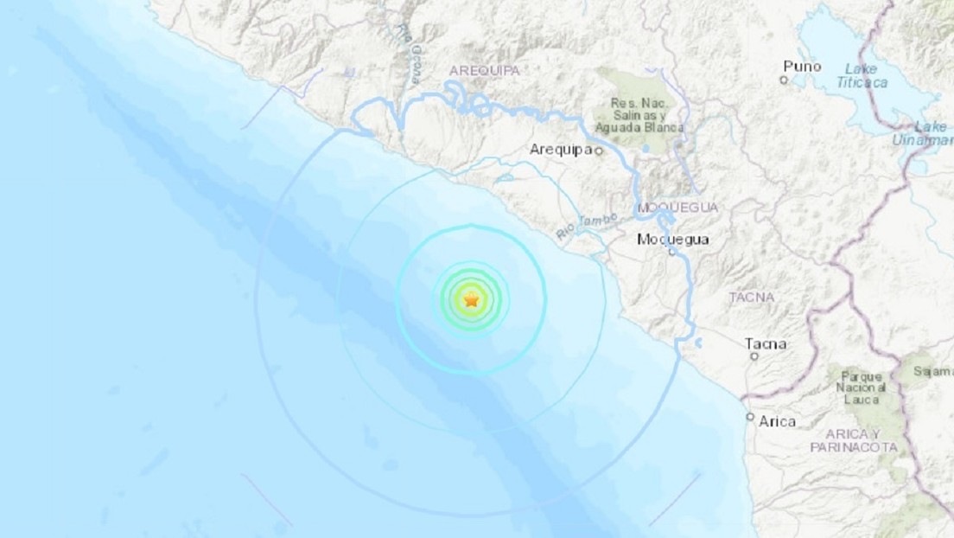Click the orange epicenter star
pos(471,300)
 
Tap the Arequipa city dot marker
pos(598,151)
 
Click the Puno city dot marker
pos(784,80)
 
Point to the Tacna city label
pos(766,343)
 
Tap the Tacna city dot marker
pos(754,355)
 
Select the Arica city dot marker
pos(750,416)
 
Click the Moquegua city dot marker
pos(671,252)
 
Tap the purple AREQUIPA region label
pos(484,70)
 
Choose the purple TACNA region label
pos(751,298)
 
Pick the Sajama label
pos(934,371)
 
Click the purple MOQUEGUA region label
pos(677,208)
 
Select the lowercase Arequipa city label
pos(560,150)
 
